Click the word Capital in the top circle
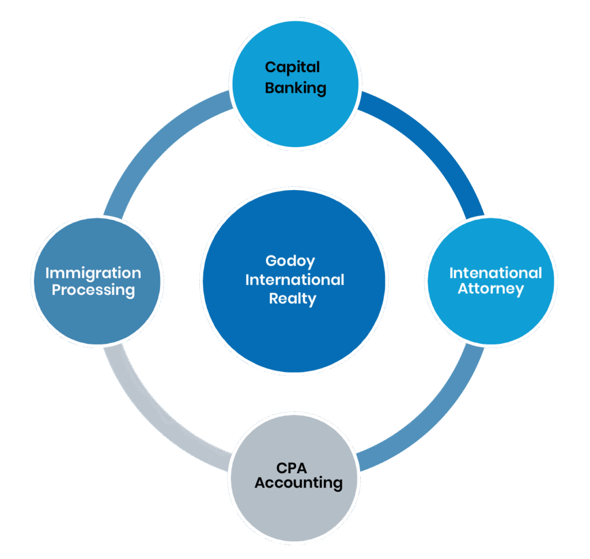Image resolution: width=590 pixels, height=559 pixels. (x=292, y=67)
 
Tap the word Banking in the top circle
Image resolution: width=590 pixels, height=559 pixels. (x=296, y=88)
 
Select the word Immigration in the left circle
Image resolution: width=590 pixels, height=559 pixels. (x=93, y=273)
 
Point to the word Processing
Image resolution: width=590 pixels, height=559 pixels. (x=93, y=290)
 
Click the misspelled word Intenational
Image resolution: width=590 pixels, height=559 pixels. (x=496, y=273)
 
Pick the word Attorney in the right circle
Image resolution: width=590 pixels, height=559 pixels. (x=491, y=289)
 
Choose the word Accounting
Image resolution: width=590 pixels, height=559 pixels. (x=298, y=482)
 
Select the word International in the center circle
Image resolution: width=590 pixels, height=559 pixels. (x=294, y=280)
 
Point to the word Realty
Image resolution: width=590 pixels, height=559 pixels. (x=293, y=299)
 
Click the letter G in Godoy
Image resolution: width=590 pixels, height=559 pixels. (x=271, y=260)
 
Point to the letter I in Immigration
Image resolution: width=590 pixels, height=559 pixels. (x=47, y=273)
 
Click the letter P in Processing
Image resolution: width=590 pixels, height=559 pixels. (x=56, y=289)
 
